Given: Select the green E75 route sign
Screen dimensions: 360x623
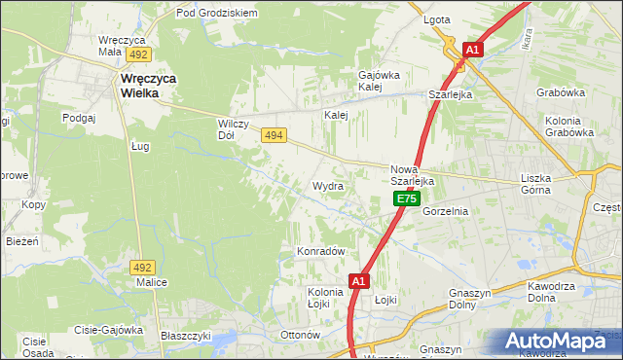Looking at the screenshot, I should [407, 198].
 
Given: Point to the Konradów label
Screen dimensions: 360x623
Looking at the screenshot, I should [321, 251].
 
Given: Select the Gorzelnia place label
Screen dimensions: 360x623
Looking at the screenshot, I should [447, 211].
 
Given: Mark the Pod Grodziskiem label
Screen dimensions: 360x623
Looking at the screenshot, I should [216, 14].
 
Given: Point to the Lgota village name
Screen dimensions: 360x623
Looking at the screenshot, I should [436, 19].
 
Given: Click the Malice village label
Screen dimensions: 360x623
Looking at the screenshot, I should [152, 282].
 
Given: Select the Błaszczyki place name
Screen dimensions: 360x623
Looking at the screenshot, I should [186, 335].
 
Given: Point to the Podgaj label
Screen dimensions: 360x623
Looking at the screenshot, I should [77, 118].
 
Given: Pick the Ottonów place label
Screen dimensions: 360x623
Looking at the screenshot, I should [300, 335].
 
